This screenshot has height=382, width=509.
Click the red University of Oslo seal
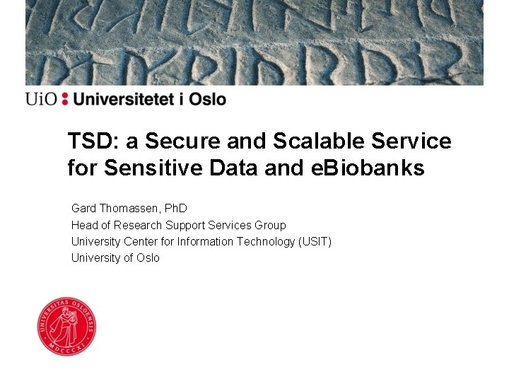[x=66, y=325]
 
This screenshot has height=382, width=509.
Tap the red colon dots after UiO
[x=65, y=99]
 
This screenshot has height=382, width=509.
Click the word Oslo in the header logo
[x=207, y=99]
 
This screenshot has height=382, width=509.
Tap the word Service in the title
[x=413, y=141]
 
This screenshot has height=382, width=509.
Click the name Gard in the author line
[x=83, y=209]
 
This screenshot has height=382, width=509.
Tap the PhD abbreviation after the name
[x=175, y=209]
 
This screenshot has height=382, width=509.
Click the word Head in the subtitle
[x=83, y=225]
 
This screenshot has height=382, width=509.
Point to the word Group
[x=270, y=225]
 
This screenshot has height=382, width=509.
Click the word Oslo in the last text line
[x=147, y=257]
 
